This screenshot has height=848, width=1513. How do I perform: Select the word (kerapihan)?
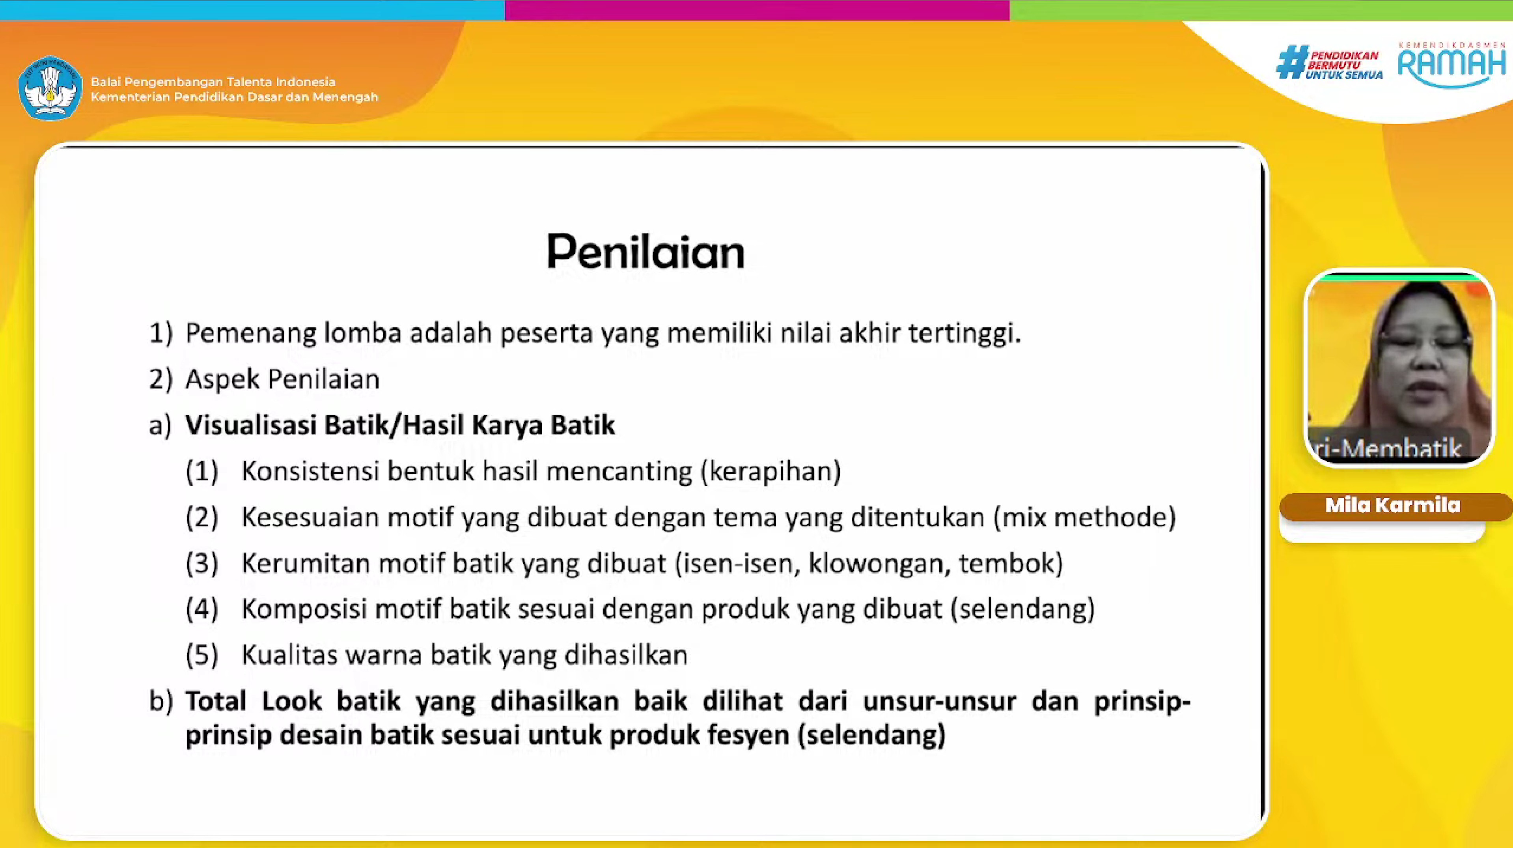click(770, 471)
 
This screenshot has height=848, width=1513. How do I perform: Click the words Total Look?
click(253, 701)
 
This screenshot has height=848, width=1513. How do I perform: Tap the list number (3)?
click(201, 564)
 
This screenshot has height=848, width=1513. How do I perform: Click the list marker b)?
click(161, 701)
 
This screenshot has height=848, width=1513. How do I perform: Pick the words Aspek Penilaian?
click(282, 379)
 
